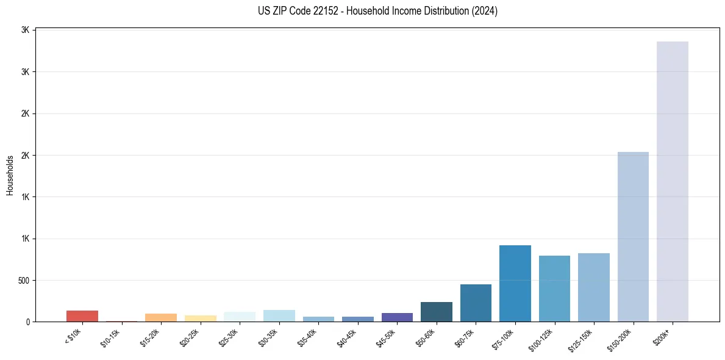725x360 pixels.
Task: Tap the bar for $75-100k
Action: click(515, 283)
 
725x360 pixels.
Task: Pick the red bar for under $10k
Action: click(82, 316)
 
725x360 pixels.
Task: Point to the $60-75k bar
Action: click(476, 303)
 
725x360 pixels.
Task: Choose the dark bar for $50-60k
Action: click(437, 312)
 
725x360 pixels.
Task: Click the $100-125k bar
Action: click(554, 289)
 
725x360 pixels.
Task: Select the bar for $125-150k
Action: click(594, 287)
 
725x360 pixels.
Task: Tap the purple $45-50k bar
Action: click(397, 317)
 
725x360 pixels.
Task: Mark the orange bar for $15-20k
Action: click(161, 317)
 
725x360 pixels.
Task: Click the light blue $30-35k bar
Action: click(279, 316)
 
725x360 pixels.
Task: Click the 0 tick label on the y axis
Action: click(27, 322)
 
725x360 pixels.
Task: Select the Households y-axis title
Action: click(10, 175)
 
